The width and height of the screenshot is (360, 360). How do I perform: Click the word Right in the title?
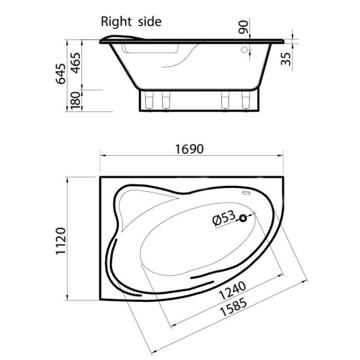point(117,22)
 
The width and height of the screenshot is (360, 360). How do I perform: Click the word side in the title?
point(150,22)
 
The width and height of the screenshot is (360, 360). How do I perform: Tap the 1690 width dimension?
point(189,149)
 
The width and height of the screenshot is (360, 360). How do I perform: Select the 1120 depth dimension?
point(61,241)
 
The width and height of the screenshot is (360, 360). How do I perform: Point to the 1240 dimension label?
point(232,291)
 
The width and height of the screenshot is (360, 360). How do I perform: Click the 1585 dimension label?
point(234,306)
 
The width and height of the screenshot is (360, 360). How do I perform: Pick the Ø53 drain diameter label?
point(224,218)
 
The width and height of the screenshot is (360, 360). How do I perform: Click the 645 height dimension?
point(61,74)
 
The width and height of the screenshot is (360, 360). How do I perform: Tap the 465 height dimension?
point(76,63)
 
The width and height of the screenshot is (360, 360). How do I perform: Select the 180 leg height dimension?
point(76,100)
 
